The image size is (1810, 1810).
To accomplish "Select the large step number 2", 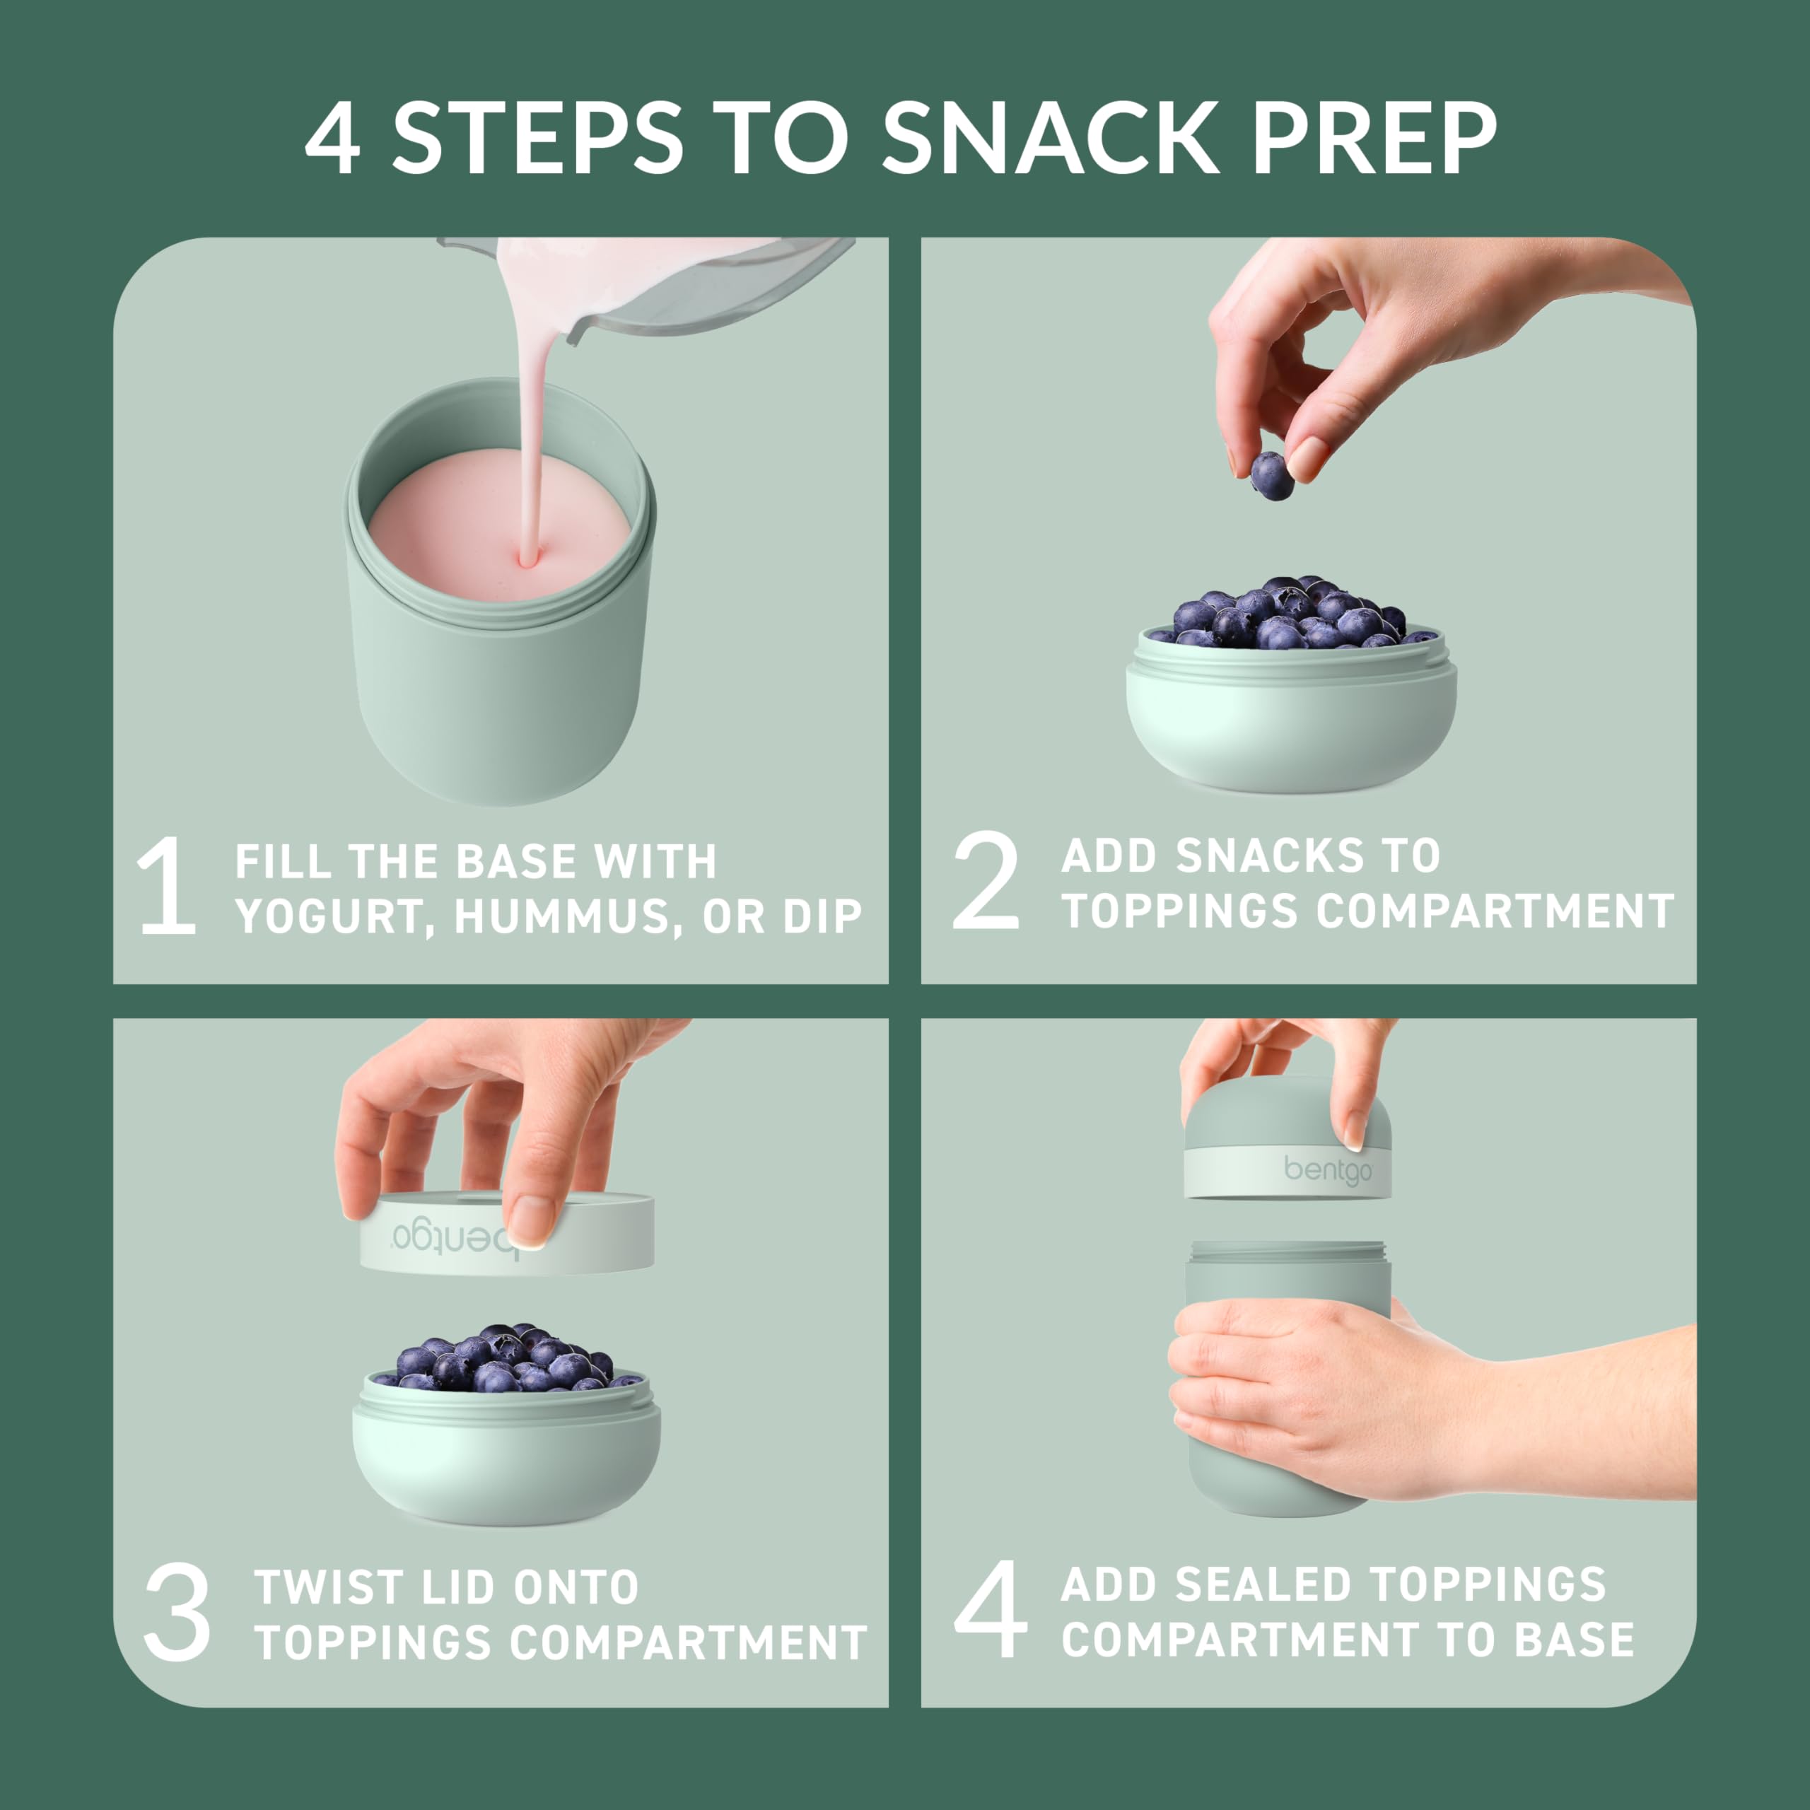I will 986,882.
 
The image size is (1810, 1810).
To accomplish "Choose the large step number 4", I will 991,1609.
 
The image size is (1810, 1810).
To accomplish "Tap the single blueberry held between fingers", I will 1271,475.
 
